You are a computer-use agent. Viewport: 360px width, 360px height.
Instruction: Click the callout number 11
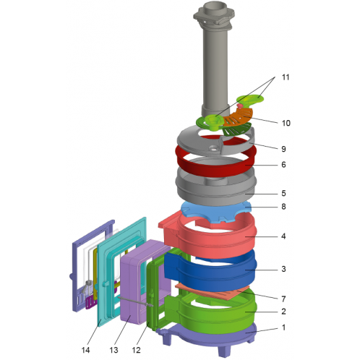pos(286,77)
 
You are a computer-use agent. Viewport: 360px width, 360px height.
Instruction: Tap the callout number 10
pos(286,123)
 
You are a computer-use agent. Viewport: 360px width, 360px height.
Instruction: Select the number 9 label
pos(283,149)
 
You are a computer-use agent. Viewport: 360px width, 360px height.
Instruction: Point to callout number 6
pos(283,165)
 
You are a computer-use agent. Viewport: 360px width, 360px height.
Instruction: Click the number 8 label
pos(283,207)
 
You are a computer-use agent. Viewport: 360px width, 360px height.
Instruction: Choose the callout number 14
pos(85,350)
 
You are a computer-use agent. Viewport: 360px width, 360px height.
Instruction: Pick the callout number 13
pos(113,350)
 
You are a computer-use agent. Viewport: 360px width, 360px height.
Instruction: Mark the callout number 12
pos(136,350)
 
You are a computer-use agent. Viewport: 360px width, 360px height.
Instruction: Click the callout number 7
pos(283,299)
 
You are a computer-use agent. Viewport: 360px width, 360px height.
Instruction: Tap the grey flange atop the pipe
pos(214,15)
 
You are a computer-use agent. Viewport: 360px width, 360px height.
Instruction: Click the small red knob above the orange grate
pos(240,106)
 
